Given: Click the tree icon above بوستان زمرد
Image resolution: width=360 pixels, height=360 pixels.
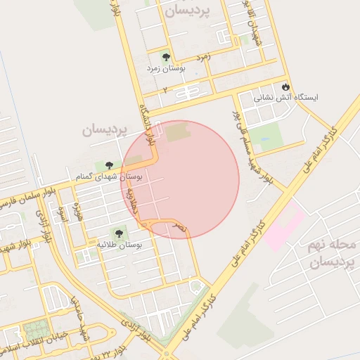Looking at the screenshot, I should point(167,58).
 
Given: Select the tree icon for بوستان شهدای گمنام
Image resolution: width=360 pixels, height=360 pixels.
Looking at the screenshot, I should point(108,165).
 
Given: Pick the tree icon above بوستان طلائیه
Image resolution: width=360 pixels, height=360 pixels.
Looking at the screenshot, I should point(117,233).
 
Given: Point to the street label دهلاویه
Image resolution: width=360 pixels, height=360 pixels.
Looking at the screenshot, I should point(131,199).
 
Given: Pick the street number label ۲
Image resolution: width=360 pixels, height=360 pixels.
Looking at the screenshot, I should point(165,90).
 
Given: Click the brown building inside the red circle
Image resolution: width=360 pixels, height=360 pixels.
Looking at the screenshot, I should point(178,131).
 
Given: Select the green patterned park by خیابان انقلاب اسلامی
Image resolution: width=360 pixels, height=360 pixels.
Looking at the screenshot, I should point(35,329).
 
